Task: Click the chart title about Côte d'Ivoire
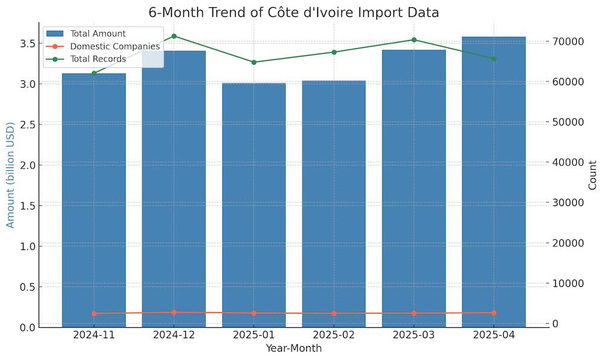tap(294, 13)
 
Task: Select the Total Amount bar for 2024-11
tap(94, 199)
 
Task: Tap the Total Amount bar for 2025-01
tap(254, 205)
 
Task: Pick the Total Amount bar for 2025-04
tap(493, 181)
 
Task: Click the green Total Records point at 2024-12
tap(174, 36)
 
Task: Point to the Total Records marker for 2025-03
tap(414, 40)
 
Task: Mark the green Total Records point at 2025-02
tap(334, 52)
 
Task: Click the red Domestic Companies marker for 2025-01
tap(254, 313)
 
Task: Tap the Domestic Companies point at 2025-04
tap(493, 313)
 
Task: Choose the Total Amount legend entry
tap(97, 33)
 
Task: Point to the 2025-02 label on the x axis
tap(334, 335)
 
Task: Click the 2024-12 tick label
tap(174, 335)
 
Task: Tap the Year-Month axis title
tap(294, 349)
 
